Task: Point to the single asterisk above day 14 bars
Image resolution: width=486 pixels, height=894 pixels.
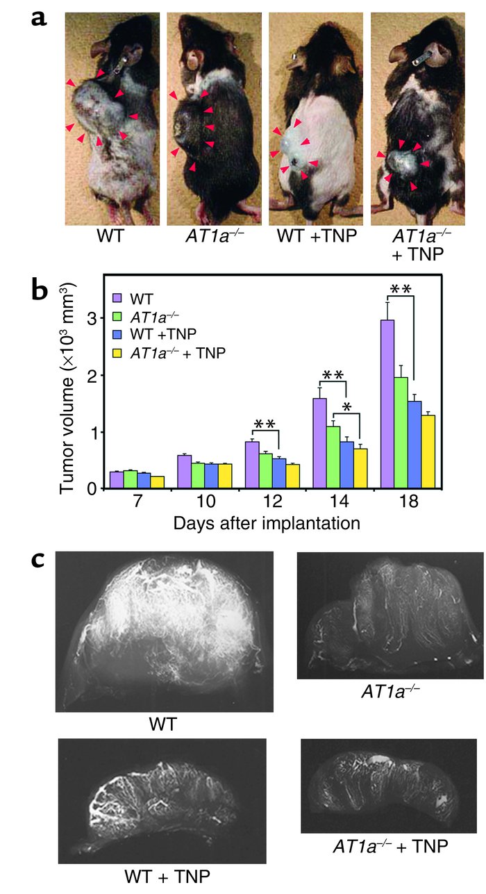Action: click(346, 404)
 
